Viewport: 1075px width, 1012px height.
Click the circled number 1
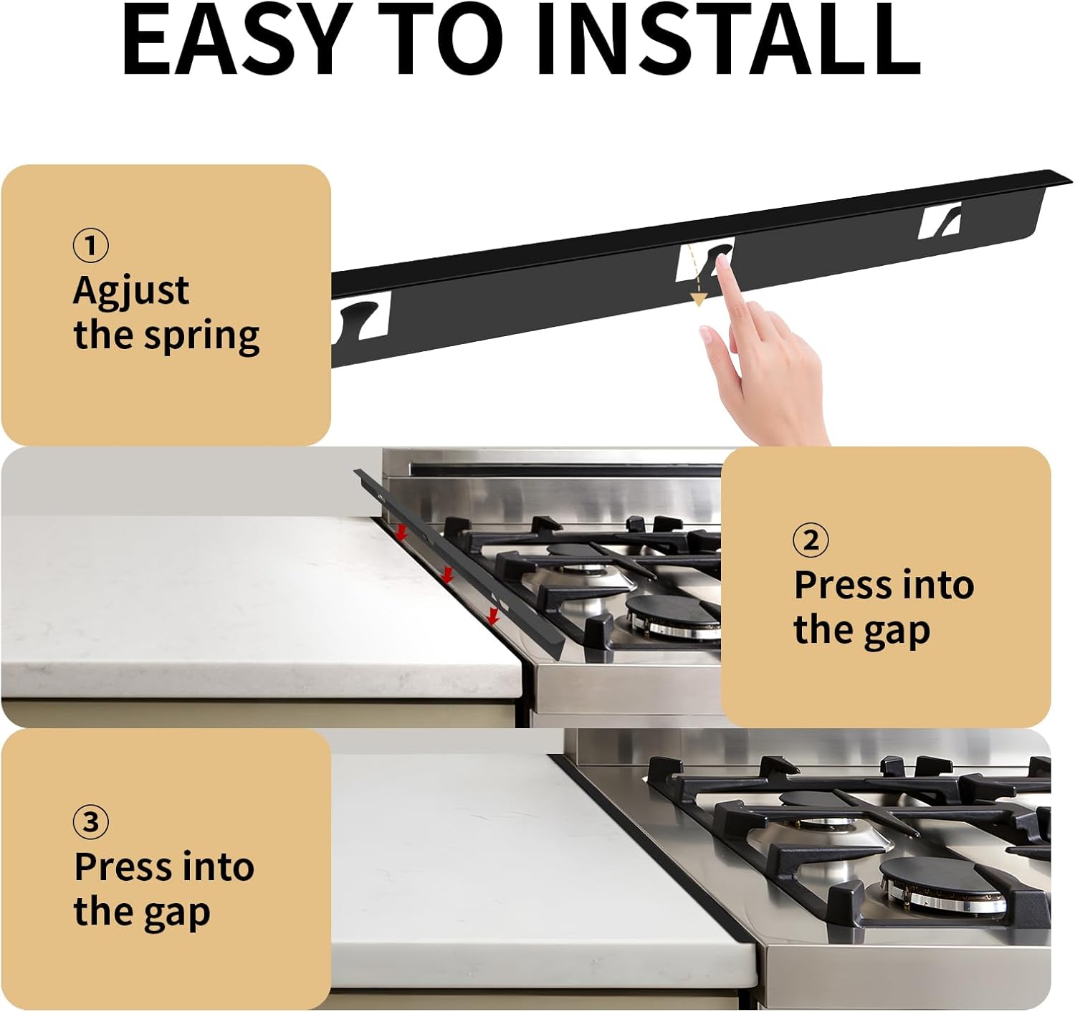click(x=91, y=246)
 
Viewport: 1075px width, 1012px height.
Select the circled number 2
click(x=811, y=540)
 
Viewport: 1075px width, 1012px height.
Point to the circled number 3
click(x=91, y=822)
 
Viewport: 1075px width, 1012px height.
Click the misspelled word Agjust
click(x=131, y=292)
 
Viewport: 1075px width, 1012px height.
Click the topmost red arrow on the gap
click(x=402, y=532)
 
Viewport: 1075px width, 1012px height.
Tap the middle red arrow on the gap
click(x=447, y=574)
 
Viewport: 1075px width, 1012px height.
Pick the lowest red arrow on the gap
click(x=493, y=615)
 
